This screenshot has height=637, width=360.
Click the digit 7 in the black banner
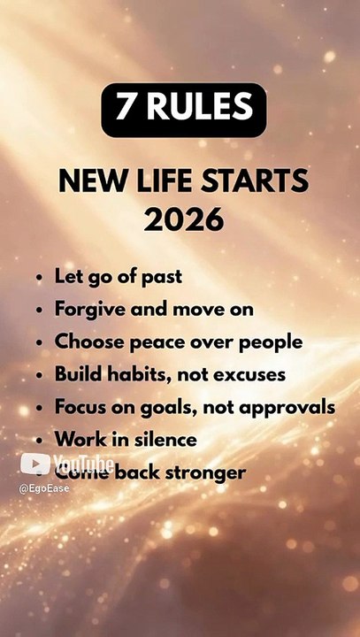pyautogui.click(x=127, y=109)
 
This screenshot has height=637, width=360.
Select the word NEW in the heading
pyautogui.click(x=88, y=181)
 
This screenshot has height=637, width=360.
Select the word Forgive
pyautogui.click(x=87, y=310)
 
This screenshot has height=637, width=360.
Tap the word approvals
pyautogui.click(x=290, y=407)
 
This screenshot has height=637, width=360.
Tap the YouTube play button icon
pyautogui.click(x=34, y=464)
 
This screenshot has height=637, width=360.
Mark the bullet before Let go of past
pyautogui.click(x=40, y=277)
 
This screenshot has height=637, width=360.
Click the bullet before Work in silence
pyautogui.click(x=40, y=441)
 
